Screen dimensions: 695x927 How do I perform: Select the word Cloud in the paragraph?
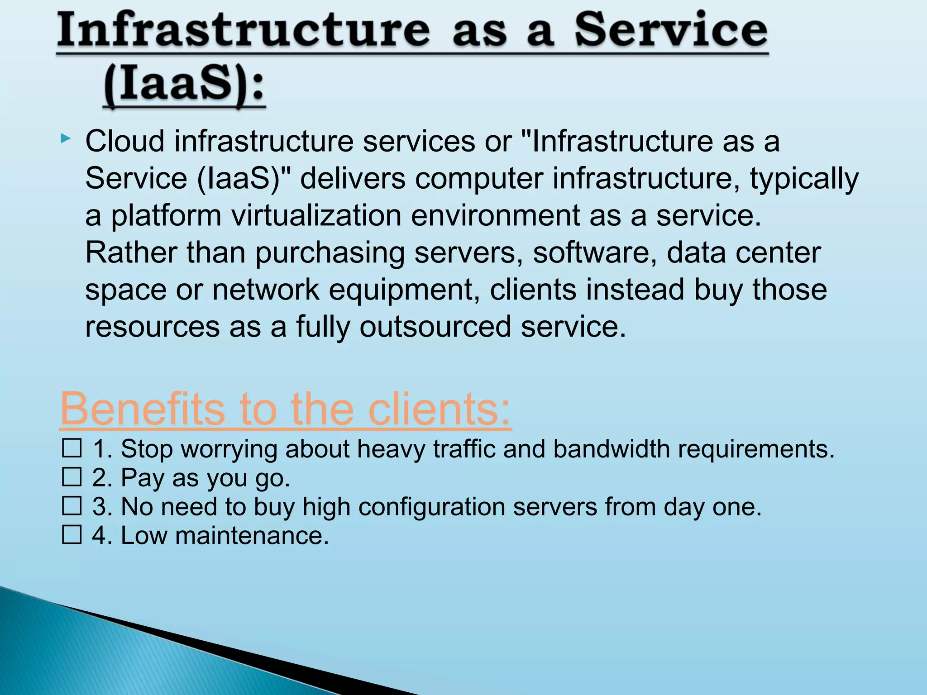coord(124,141)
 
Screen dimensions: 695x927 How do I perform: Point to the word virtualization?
coord(316,215)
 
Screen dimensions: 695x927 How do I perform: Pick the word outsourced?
coord(435,327)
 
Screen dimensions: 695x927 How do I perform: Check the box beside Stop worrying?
coord(72,448)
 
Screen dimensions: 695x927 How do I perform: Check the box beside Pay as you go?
coord(72,477)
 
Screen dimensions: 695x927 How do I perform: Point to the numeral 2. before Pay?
coord(102,478)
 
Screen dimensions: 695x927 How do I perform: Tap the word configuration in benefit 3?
coord(432,507)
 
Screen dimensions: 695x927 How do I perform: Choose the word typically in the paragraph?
coord(804,178)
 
